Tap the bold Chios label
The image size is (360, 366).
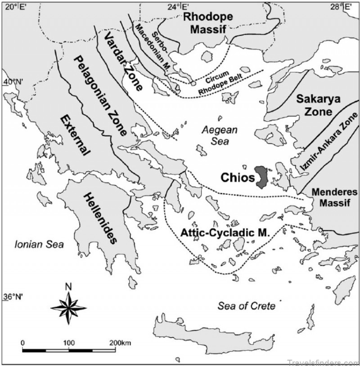pyautogui.click(x=238, y=177)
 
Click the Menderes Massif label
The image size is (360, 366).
pyautogui.click(x=334, y=198)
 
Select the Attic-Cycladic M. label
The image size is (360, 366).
pyautogui.click(x=225, y=233)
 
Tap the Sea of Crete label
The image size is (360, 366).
pyautogui.click(x=246, y=306)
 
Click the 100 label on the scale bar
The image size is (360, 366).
pyautogui.click(x=68, y=343)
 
